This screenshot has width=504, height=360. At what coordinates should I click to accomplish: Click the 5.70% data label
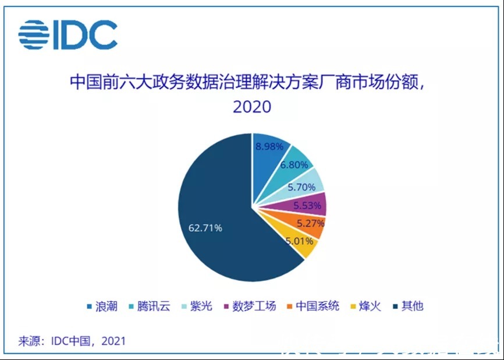(x=301, y=187)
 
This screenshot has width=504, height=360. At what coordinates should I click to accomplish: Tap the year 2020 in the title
(x=251, y=107)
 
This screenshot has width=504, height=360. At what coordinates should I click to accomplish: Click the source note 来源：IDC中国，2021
(x=72, y=340)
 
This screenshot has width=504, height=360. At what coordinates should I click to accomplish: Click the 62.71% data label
(x=204, y=228)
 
